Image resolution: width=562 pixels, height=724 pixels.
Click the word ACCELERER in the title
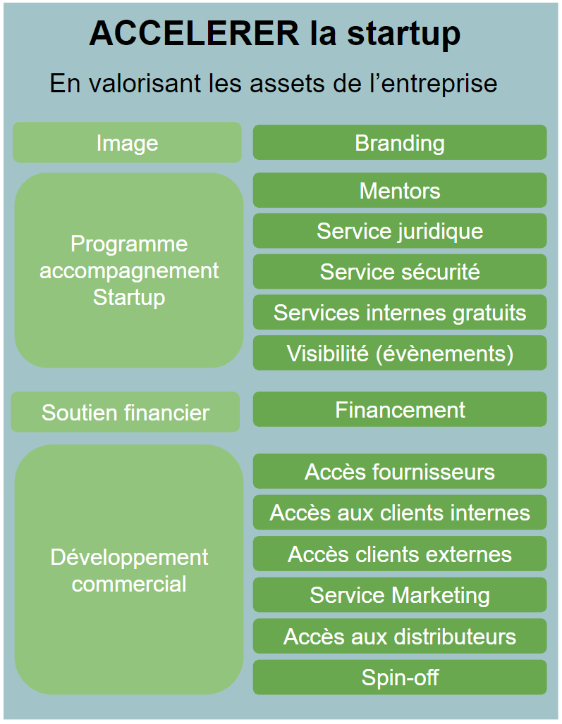click(194, 33)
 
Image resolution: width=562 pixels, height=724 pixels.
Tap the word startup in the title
click(400, 33)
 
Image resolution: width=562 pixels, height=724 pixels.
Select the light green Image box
click(127, 143)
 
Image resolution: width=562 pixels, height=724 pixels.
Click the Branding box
click(400, 143)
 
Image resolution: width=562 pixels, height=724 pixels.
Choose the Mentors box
click(400, 190)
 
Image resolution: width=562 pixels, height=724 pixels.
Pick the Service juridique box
click(400, 231)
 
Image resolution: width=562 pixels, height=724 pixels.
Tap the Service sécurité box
click(400, 272)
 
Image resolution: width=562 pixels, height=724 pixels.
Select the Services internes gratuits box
click(400, 313)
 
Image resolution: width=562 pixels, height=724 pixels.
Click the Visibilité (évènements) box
click(400, 353)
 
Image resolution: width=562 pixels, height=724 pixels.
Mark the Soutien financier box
click(126, 412)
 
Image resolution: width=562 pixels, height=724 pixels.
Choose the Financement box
click(400, 409)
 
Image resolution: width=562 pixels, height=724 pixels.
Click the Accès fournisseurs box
click(400, 471)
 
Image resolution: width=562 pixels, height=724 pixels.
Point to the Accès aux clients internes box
click(400, 512)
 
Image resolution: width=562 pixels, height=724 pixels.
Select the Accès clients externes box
click(400, 554)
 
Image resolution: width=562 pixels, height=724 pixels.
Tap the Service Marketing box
click(400, 595)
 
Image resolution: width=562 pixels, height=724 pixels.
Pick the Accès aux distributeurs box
click(400, 636)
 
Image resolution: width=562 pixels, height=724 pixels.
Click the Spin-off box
click(400, 678)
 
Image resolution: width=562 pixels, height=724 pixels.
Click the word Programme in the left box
click(129, 244)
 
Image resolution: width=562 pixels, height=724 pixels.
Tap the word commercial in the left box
click(129, 584)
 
